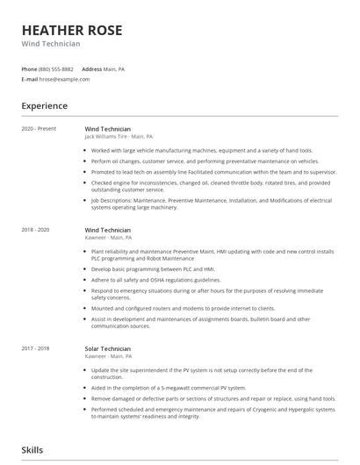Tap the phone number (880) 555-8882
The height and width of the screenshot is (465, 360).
[57, 68]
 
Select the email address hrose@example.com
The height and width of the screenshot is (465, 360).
[64, 79]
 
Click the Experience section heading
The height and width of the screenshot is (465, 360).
[45, 106]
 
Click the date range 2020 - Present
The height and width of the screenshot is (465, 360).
[40, 129]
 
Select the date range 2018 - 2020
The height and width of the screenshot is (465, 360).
[36, 230]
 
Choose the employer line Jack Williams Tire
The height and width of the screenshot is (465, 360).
[119, 137]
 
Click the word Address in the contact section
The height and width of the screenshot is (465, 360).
[92, 68]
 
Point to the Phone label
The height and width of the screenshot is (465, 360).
[29, 68]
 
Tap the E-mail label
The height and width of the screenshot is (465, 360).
[30, 79]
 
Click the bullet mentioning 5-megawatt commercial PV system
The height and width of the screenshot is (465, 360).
[168, 387]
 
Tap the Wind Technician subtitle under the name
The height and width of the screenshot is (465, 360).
[51, 43]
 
